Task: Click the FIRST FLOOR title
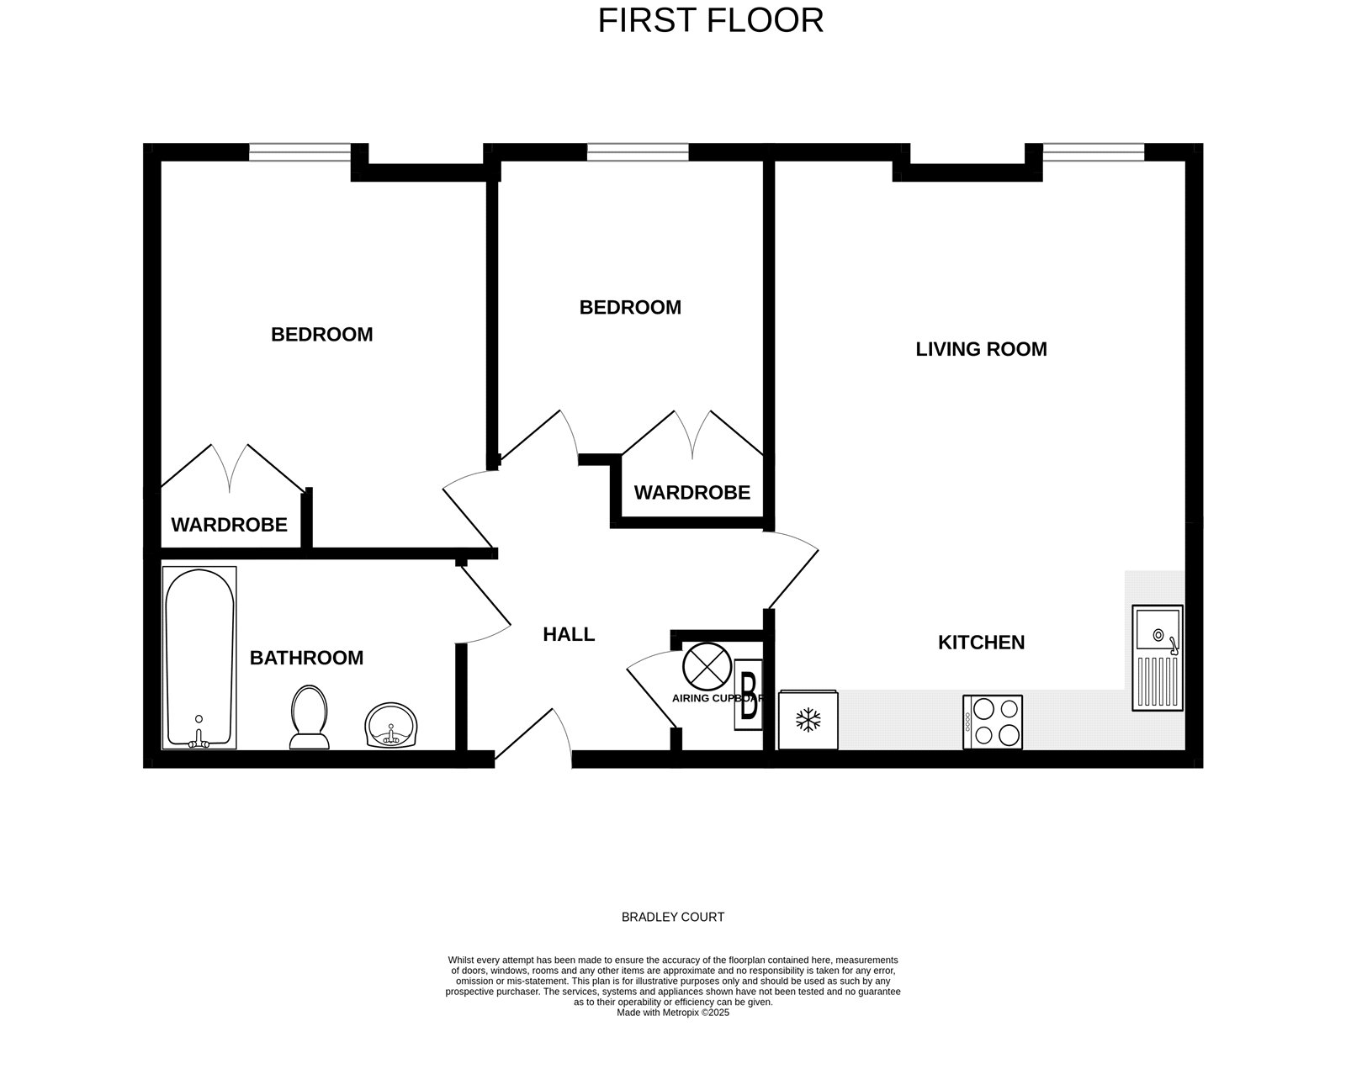[x=711, y=21]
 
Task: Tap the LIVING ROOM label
[x=981, y=349]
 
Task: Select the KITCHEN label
[x=981, y=643]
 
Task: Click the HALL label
[x=569, y=634]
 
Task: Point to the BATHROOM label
[x=306, y=658]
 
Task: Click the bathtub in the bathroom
[x=199, y=658]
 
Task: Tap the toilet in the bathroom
[x=310, y=717]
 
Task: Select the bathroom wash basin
[x=391, y=726]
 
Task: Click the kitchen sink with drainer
[x=1157, y=658]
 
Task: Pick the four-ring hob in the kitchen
[x=993, y=722]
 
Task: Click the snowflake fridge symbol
[x=808, y=720]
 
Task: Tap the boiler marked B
[x=749, y=695]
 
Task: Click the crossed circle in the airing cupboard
[x=707, y=667]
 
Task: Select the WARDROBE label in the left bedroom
[x=229, y=524]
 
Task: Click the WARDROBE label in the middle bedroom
[x=692, y=492]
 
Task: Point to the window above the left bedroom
[x=300, y=152]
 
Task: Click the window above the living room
[x=1094, y=152]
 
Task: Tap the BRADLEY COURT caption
[x=673, y=917]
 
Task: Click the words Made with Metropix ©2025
[x=673, y=1013]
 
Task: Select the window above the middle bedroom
[x=638, y=152]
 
